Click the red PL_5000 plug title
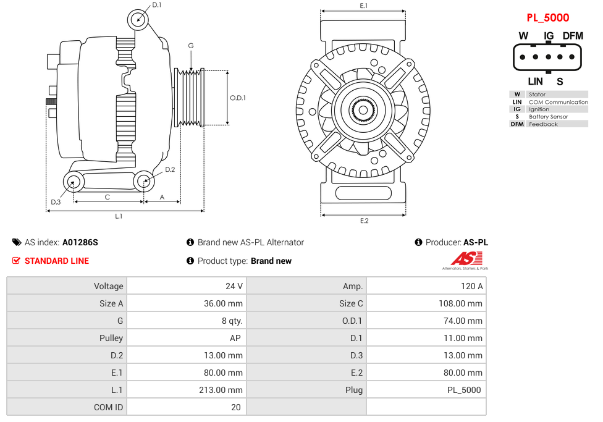547,18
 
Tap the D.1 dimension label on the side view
156,5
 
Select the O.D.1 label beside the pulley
238,98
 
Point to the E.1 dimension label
364,6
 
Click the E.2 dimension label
364,221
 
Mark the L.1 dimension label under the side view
119,216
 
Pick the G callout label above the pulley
191,46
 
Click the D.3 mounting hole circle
74,182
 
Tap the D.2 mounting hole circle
144,182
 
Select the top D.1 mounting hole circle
138,19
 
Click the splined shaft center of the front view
363,110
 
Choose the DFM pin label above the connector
573,36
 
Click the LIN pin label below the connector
535,81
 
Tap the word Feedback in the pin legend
543,124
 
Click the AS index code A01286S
80,242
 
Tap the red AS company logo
462,260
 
